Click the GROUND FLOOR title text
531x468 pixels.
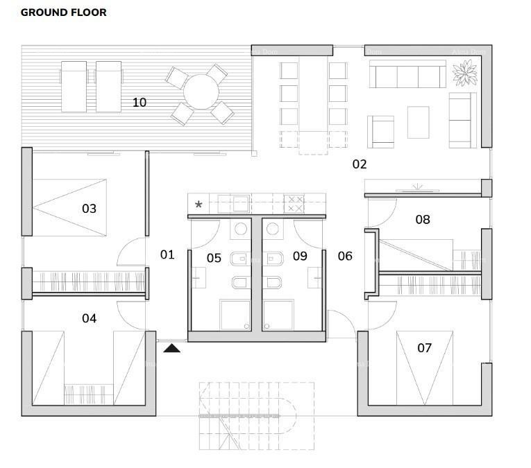click(63, 12)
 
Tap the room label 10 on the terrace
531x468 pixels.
click(140, 103)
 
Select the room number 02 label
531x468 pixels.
click(359, 164)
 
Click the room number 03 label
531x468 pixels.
click(89, 209)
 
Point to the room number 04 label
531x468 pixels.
click(89, 318)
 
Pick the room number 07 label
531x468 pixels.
click(424, 347)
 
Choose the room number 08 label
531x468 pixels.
click(422, 220)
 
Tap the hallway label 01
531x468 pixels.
click(167, 254)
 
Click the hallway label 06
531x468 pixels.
click(345, 256)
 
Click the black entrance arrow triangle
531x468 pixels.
click(171, 348)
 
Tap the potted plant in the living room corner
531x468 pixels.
click(464, 73)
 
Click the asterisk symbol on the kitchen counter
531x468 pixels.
click(199, 205)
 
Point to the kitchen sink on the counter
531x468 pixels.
click(240, 204)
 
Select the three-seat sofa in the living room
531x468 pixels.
click(407, 73)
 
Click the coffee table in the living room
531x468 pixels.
click(418, 122)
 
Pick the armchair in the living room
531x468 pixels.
click(380, 132)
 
